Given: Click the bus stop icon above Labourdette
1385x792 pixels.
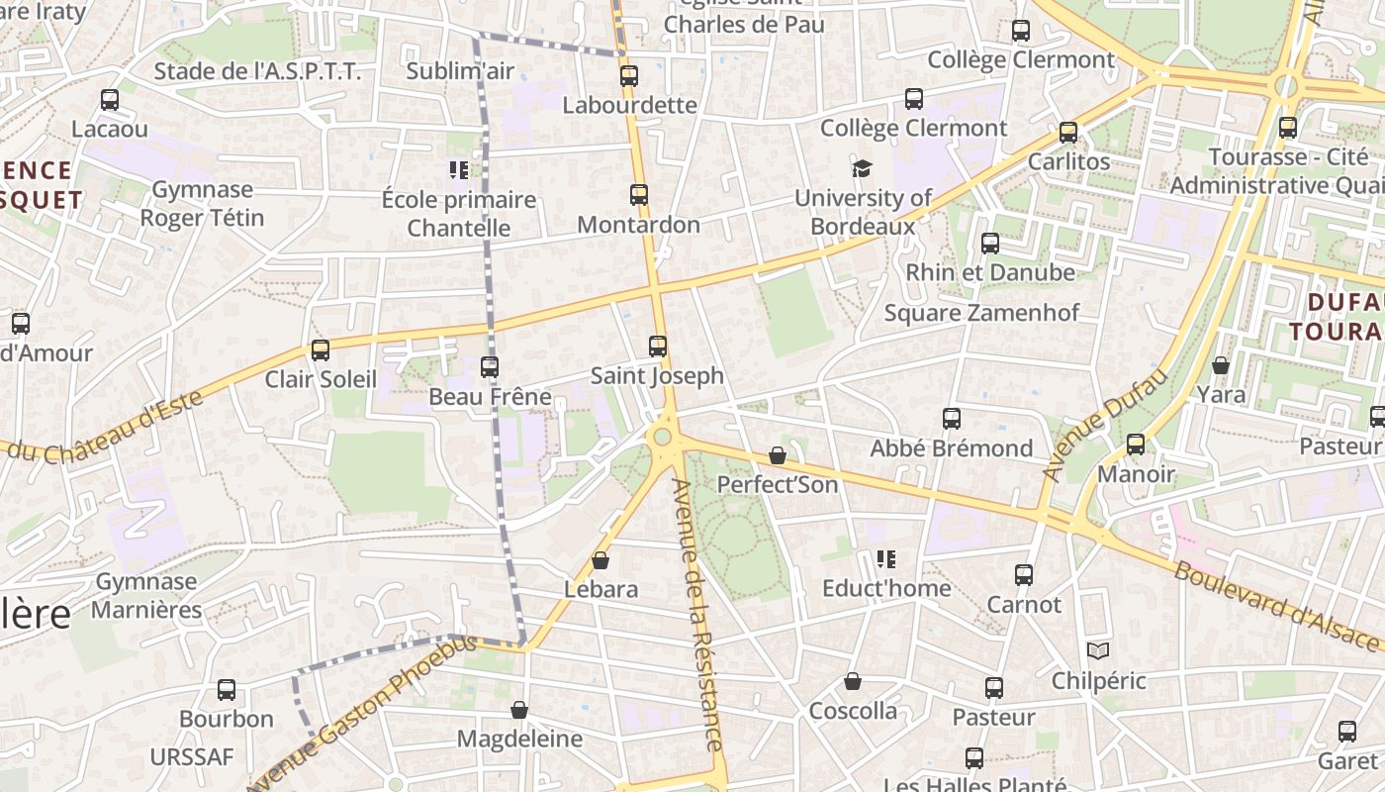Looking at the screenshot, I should point(628,75).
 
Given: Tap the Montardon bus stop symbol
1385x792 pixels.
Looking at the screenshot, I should point(639,195).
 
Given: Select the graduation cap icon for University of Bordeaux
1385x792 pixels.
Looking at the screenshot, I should point(863,168).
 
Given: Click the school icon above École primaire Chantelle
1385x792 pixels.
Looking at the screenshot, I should point(458,170).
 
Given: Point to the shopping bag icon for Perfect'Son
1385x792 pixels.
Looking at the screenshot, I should point(778,455).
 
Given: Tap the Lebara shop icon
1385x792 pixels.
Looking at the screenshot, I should point(600,560).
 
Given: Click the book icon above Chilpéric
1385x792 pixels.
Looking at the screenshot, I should point(1098,650).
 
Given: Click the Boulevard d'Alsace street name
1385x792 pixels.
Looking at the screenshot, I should point(1276,606).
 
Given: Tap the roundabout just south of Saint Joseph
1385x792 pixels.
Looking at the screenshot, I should point(662,437).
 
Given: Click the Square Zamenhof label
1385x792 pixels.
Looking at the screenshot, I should point(980,313).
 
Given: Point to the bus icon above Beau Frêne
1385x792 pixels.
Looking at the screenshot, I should point(490,367).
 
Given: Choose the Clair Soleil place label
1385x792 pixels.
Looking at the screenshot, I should point(321,379).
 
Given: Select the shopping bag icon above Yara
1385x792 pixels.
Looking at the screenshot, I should point(1221,365).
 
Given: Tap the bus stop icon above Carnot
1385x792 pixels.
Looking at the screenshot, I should point(1024,574).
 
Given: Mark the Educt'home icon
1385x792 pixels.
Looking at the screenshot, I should point(886,559).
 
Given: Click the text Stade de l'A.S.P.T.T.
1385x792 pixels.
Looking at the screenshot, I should point(257,71).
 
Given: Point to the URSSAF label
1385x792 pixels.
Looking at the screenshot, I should point(192,757).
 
